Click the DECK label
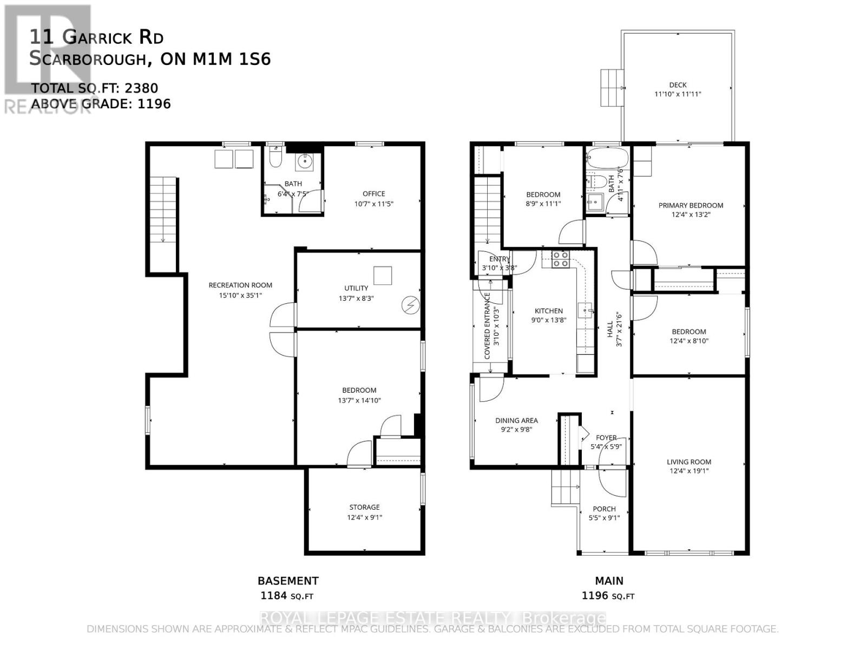pyautogui.click(x=678, y=85)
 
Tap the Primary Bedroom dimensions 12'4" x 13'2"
pyautogui.click(x=690, y=214)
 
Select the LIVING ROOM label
pyautogui.click(x=688, y=462)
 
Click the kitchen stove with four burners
pyautogui.click(x=560, y=259)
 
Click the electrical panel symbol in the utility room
pyautogui.click(x=410, y=305)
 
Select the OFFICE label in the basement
pyautogui.click(x=373, y=193)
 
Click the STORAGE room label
pyautogui.click(x=364, y=507)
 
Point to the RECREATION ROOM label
pyautogui.click(x=240, y=285)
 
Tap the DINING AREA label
pyautogui.click(x=516, y=420)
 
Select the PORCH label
pyautogui.click(x=604, y=509)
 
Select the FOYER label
pyautogui.click(x=606, y=438)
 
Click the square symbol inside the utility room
pyautogui.click(x=384, y=275)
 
